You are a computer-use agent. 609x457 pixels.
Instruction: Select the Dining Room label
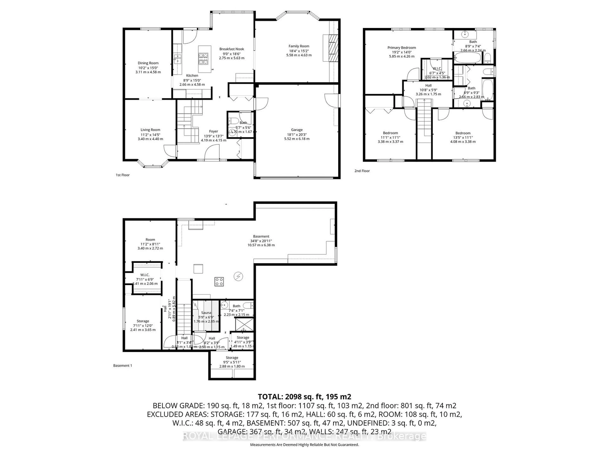pos(148,63)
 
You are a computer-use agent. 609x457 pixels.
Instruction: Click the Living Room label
pos(150,130)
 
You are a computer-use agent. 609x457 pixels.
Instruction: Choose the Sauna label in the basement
pos(206,313)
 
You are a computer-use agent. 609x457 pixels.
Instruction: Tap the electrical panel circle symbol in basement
pos(238,276)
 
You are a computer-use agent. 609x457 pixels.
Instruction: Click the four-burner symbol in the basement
pos(219,281)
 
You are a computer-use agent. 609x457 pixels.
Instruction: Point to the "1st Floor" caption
pos(123,175)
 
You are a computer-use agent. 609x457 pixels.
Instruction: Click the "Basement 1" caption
pos(123,366)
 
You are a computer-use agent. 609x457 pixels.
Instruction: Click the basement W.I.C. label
pos(145,275)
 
